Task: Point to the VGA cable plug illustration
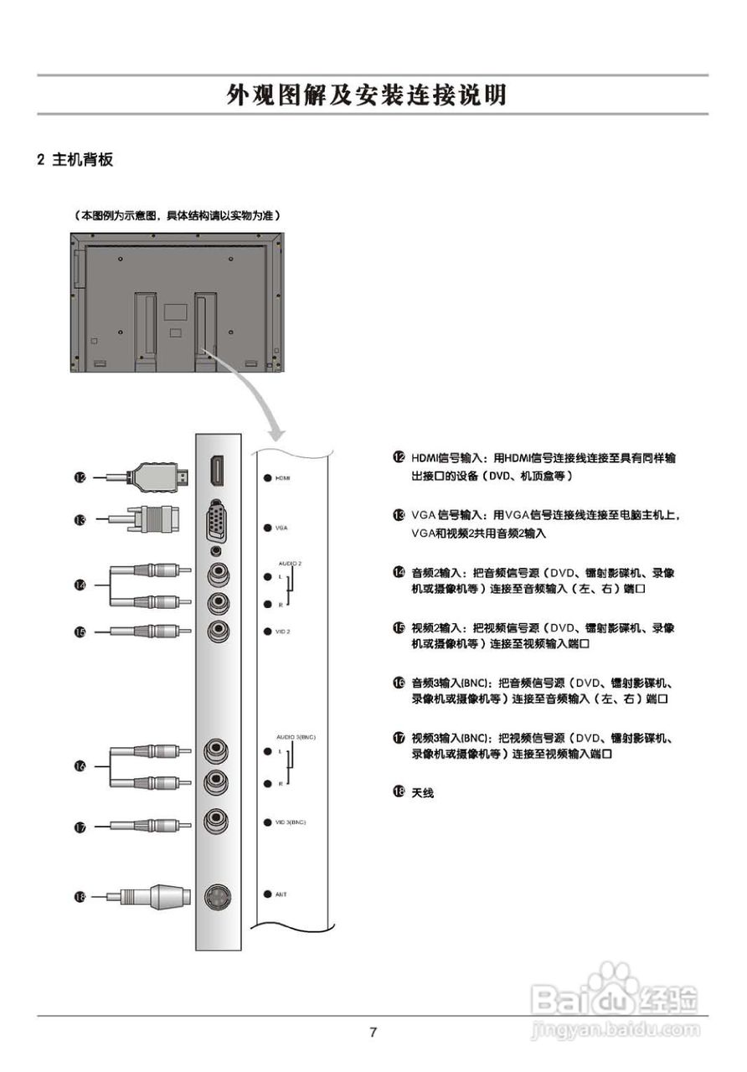click(x=155, y=520)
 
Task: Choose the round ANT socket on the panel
click(x=218, y=896)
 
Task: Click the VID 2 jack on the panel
click(x=218, y=630)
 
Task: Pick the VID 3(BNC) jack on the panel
click(x=218, y=821)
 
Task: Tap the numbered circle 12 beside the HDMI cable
click(x=80, y=477)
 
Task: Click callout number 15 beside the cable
click(x=80, y=633)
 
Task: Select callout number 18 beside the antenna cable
click(x=80, y=897)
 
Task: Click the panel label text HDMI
click(x=283, y=477)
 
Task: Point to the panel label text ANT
click(x=281, y=894)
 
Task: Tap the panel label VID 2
click(x=282, y=631)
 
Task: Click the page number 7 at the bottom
click(x=373, y=1032)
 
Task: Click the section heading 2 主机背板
click(x=75, y=159)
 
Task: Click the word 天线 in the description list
click(x=422, y=791)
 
